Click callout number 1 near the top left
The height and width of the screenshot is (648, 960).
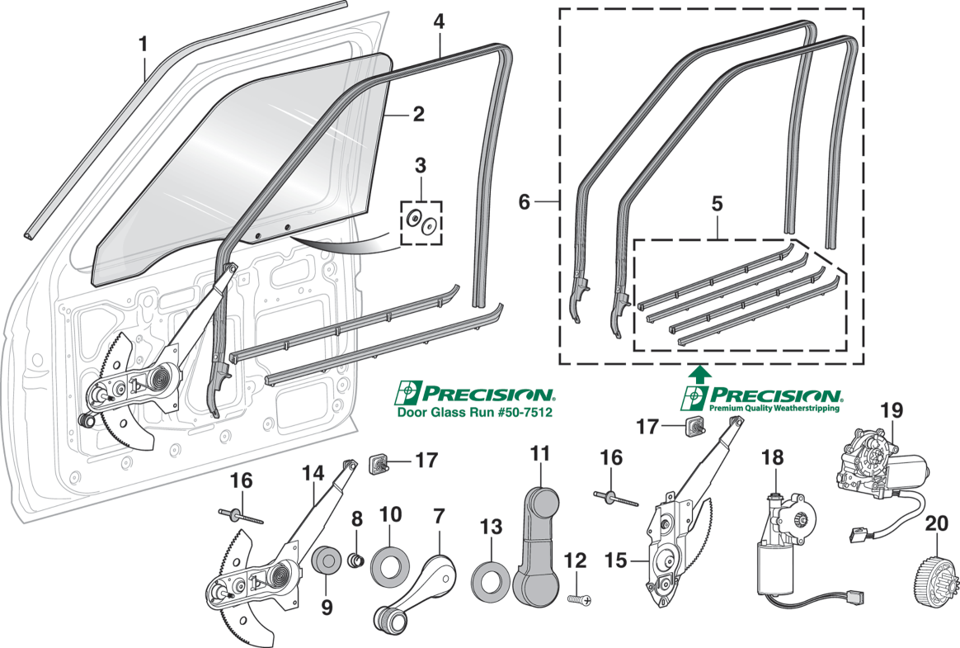(143, 44)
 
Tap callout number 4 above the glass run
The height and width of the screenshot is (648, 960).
(440, 21)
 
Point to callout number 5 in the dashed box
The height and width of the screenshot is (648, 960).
(717, 203)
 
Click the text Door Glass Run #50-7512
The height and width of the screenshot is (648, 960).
(474, 411)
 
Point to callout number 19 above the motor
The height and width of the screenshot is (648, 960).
(891, 410)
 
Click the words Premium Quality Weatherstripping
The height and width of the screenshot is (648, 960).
(774, 407)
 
